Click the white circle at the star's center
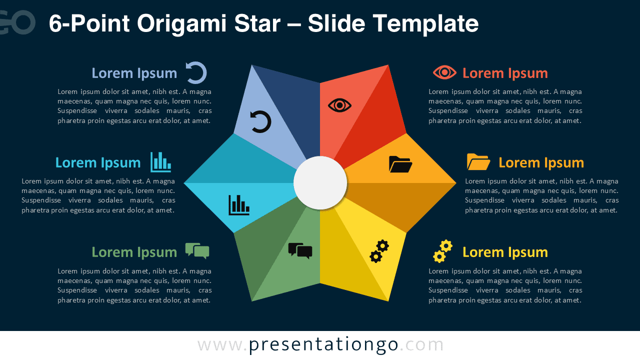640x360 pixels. pyautogui.click(x=320, y=183)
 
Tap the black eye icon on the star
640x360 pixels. pyautogui.click(x=340, y=105)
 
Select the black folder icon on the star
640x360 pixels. pyautogui.click(x=400, y=164)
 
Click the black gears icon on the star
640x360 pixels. pyautogui.click(x=379, y=251)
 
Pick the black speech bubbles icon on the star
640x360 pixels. pyautogui.click(x=300, y=250)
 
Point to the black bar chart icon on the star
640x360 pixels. pyautogui.click(x=239, y=205)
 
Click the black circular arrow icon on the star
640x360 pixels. pyautogui.click(x=260, y=122)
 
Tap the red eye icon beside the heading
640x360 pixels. pyautogui.click(x=444, y=72)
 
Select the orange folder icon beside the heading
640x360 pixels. pyautogui.click(x=478, y=162)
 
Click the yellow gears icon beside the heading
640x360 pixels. pyautogui.click(x=442, y=251)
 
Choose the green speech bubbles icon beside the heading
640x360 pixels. pyautogui.click(x=197, y=250)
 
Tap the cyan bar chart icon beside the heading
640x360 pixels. pyautogui.click(x=160, y=162)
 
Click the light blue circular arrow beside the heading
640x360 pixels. pyautogui.click(x=196, y=72)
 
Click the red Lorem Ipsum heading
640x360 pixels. pyautogui.click(x=505, y=73)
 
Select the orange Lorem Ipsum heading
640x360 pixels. pyautogui.click(x=541, y=162)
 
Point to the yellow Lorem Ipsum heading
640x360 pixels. pyautogui.click(x=505, y=252)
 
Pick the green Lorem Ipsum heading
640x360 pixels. pyautogui.click(x=134, y=252)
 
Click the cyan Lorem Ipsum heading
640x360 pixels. pyautogui.click(x=98, y=162)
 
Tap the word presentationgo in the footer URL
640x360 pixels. pyautogui.click(x=323, y=344)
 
